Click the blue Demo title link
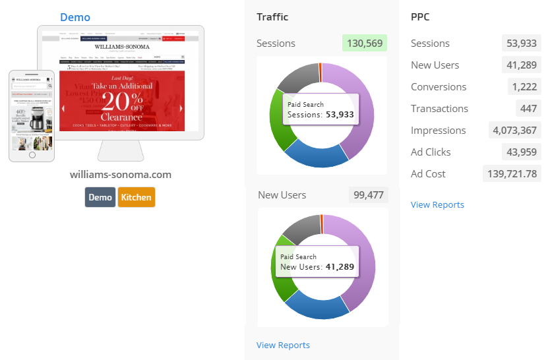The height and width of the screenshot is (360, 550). tap(75, 17)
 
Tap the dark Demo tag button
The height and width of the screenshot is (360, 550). tap(100, 197)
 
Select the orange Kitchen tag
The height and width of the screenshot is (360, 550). tap(137, 197)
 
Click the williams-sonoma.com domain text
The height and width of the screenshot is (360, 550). tap(121, 175)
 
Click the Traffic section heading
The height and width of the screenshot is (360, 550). tap(272, 17)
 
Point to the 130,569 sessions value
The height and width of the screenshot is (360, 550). tap(365, 44)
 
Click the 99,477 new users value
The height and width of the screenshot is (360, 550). tap(369, 195)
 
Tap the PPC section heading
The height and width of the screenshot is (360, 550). tap(420, 17)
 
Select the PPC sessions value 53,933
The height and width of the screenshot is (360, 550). tap(522, 44)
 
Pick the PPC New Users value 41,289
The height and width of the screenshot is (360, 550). tap(522, 65)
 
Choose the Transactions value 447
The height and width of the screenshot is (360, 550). tap(529, 109)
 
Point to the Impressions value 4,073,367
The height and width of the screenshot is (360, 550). tap(514, 131)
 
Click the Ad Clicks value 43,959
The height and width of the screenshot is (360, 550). tap(522, 152)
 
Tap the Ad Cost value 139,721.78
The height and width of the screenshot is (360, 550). tap(512, 174)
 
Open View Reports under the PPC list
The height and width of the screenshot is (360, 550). tap(437, 204)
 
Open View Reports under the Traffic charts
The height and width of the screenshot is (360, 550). tap(283, 345)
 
